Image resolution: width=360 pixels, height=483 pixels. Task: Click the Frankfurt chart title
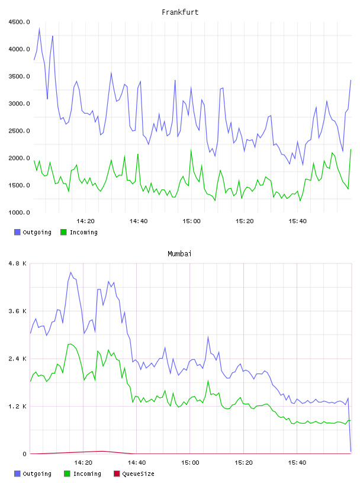click(180, 12)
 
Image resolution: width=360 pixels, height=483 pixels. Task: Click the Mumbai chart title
click(179, 254)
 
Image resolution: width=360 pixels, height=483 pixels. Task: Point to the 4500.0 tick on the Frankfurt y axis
click(19, 22)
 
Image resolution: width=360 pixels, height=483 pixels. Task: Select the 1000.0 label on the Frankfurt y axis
click(19, 212)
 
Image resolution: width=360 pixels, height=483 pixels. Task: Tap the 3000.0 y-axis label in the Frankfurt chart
click(19, 104)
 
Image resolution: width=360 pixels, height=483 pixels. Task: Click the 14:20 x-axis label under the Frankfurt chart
click(85, 221)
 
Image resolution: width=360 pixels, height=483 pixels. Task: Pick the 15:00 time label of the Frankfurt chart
click(191, 221)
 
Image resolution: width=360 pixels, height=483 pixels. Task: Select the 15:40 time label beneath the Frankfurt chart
click(297, 221)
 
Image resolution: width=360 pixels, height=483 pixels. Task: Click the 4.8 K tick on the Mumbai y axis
click(17, 263)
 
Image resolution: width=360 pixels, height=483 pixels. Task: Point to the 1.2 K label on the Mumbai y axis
click(17, 406)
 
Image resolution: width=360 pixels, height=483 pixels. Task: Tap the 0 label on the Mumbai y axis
click(25, 454)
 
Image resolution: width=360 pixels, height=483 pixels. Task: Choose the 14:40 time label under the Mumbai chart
click(137, 463)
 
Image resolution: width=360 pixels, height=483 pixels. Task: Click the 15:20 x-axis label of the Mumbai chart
click(243, 463)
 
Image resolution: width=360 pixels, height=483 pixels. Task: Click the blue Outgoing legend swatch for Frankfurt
click(17, 232)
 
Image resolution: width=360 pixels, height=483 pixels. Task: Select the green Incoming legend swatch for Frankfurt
click(63, 232)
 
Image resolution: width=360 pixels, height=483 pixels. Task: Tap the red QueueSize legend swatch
click(117, 474)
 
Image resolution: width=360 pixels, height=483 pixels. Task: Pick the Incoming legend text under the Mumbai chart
click(87, 474)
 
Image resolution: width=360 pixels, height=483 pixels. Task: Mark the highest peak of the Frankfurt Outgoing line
click(40, 28)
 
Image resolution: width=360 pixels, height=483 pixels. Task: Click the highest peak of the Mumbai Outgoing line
click(70, 272)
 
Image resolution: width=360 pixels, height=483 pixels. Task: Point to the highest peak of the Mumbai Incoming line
click(70, 344)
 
